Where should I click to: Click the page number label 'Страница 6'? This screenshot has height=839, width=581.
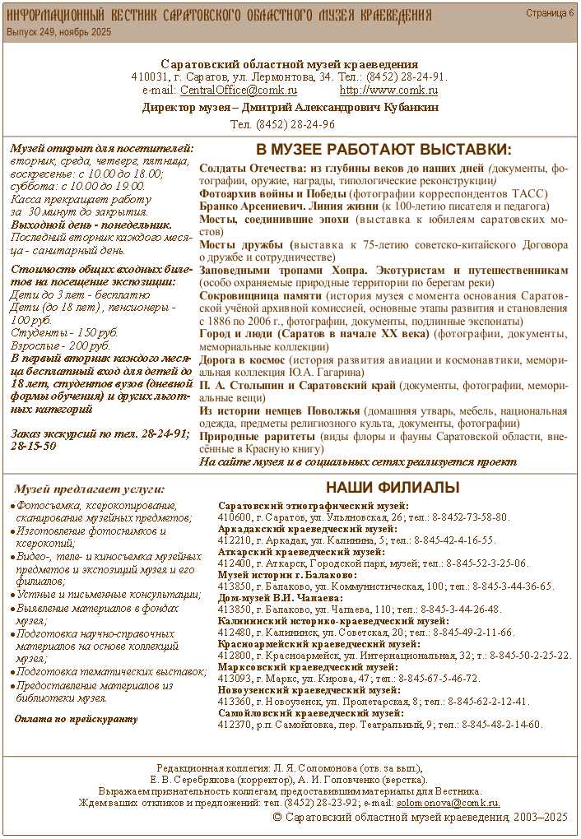pyautogui.click(x=550, y=13)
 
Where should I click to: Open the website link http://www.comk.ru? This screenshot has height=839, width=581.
pyautogui.click(x=388, y=90)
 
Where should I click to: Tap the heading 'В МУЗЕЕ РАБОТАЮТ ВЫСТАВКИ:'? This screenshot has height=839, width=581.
pyautogui.click(x=383, y=151)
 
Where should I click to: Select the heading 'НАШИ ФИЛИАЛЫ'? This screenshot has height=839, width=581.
pyautogui.click(x=393, y=488)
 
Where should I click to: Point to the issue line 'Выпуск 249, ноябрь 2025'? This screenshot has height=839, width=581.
pyautogui.click(x=59, y=32)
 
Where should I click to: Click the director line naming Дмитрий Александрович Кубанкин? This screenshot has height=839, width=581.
pyautogui.click(x=290, y=107)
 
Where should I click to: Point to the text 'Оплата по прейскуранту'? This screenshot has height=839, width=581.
pyautogui.click(x=77, y=718)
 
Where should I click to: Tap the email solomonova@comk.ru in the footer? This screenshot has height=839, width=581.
pyautogui.click(x=448, y=802)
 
